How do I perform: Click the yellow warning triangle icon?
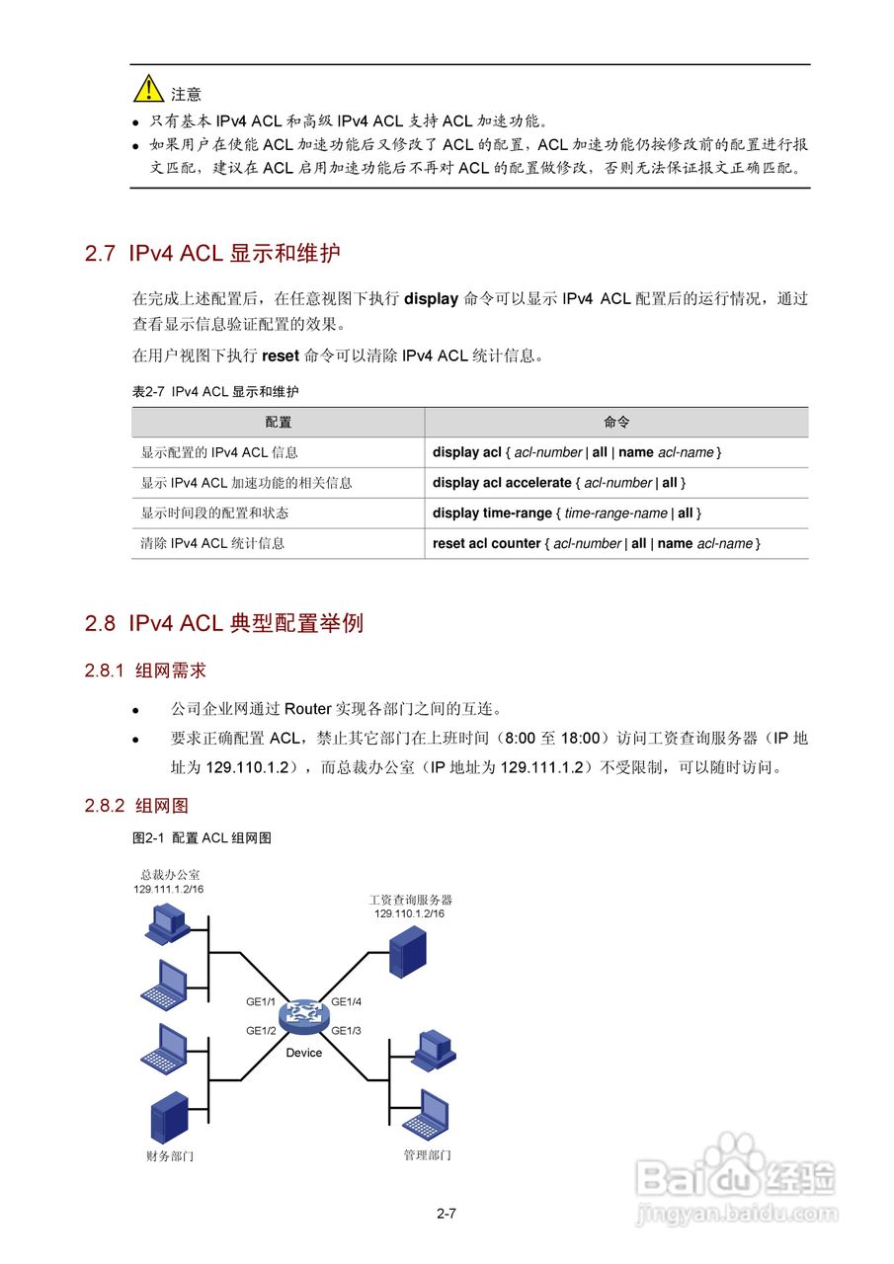(x=149, y=89)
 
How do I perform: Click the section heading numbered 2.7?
(x=212, y=253)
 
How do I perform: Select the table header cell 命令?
(x=616, y=423)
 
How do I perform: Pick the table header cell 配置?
(x=279, y=423)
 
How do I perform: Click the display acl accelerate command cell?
(x=559, y=483)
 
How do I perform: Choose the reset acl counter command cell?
(x=597, y=544)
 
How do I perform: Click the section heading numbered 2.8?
(x=224, y=623)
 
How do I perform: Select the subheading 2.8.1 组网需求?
(x=145, y=671)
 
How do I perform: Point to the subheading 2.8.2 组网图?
(x=136, y=806)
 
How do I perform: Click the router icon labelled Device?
(x=303, y=1017)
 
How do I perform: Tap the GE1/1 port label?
(x=261, y=1002)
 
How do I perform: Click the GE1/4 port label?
(x=347, y=1002)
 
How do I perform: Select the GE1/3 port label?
(x=347, y=1031)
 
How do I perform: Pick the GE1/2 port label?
(x=261, y=1031)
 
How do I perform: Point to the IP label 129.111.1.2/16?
(x=169, y=889)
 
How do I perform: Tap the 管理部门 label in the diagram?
(x=427, y=1155)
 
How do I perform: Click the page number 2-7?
(x=446, y=1214)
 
